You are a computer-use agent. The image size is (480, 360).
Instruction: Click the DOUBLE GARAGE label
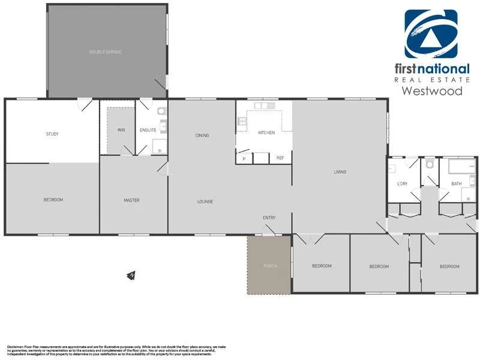click(x=105, y=52)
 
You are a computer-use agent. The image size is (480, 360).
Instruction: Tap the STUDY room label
click(x=52, y=134)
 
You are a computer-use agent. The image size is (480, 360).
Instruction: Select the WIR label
click(x=121, y=130)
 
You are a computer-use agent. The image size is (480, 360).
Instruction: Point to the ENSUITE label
click(x=148, y=130)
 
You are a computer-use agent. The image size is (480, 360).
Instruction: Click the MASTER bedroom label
click(x=131, y=200)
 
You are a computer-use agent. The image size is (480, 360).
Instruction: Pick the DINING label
click(x=202, y=136)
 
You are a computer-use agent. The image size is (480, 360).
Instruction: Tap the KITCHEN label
click(x=266, y=133)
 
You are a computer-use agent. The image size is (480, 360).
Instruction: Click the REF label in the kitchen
click(x=280, y=158)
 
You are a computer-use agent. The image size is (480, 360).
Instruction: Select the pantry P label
click(x=244, y=158)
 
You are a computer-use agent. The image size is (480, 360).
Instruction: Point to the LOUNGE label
click(x=205, y=202)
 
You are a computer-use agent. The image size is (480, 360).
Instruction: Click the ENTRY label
click(x=269, y=218)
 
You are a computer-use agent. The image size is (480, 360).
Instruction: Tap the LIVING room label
click(x=340, y=172)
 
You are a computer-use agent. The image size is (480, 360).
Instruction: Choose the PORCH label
click(x=270, y=266)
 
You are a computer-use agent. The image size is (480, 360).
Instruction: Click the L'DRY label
click(x=403, y=184)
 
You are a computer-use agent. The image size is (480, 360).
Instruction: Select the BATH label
click(x=457, y=184)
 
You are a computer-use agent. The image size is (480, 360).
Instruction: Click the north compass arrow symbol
click(x=130, y=275)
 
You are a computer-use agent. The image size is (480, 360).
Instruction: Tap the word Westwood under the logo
click(x=431, y=91)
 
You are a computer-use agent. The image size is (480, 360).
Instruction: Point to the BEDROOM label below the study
click(x=53, y=200)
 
